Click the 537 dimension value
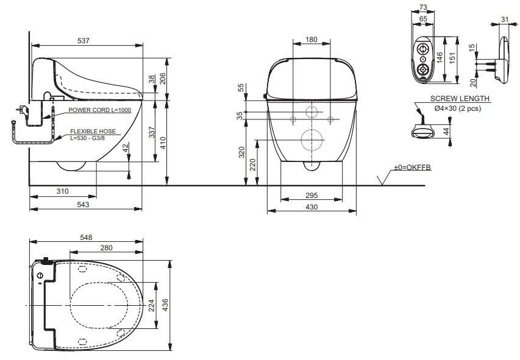click(84, 40)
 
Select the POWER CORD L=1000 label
click(100, 110)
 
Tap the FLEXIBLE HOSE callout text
click(93, 132)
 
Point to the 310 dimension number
click(62, 191)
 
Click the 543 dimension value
click(83, 204)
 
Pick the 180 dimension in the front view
click(312, 40)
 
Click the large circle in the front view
click(312, 139)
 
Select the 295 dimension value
click(312, 196)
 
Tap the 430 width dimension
click(312, 207)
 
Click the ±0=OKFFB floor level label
click(412, 168)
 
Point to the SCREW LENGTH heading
click(460, 99)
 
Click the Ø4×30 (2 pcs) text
click(458, 108)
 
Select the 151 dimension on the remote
click(452, 58)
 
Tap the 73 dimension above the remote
click(423, 7)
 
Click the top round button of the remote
click(423, 49)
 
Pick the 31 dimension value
click(504, 19)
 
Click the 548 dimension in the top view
click(86, 238)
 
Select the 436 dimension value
click(165, 305)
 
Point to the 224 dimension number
click(151, 305)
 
